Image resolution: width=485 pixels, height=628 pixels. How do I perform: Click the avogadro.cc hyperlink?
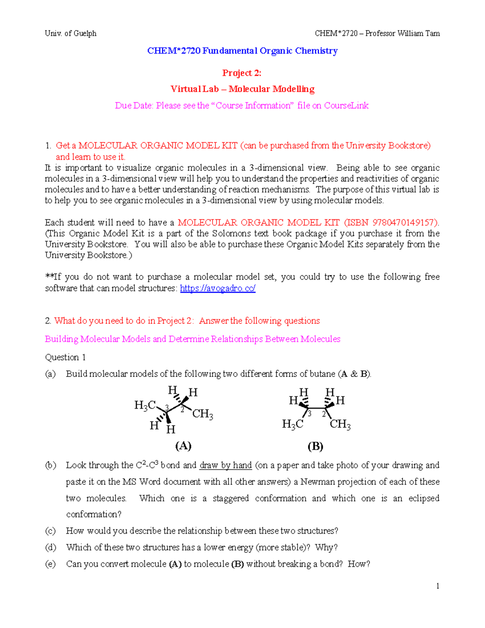click(x=217, y=288)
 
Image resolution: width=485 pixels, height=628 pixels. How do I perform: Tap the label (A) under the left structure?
click(x=183, y=446)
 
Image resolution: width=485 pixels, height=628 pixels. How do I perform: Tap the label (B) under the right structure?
click(x=315, y=446)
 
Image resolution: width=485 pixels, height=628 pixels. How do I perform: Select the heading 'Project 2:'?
click(x=242, y=73)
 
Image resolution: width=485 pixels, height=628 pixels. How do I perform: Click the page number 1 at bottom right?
click(x=438, y=586)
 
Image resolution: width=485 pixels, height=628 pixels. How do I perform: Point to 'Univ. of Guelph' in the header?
click(x=71, y=34)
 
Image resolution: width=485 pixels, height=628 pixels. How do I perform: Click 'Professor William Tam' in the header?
click(x=403, y=34)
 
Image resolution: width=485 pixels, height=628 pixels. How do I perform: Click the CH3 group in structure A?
click(x=202, y=414)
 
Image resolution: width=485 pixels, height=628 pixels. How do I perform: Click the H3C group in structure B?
click(x=293, y=424)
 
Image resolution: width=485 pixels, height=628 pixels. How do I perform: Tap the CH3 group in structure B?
click(x=340, y=424)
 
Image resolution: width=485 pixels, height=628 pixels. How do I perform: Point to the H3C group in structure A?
click(x=145, y=405)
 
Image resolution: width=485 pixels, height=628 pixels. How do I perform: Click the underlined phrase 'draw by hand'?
click(x=226, y=465)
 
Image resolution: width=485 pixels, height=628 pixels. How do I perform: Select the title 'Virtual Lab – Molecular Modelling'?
click(x=242, y=89)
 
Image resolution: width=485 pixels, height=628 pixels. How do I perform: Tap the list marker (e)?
click(x=50, y=564)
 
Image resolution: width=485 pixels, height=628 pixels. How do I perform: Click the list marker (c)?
click(x=50, y=531)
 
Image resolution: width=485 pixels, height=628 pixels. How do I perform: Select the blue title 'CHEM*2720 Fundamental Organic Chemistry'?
click(x=242, y=51)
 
